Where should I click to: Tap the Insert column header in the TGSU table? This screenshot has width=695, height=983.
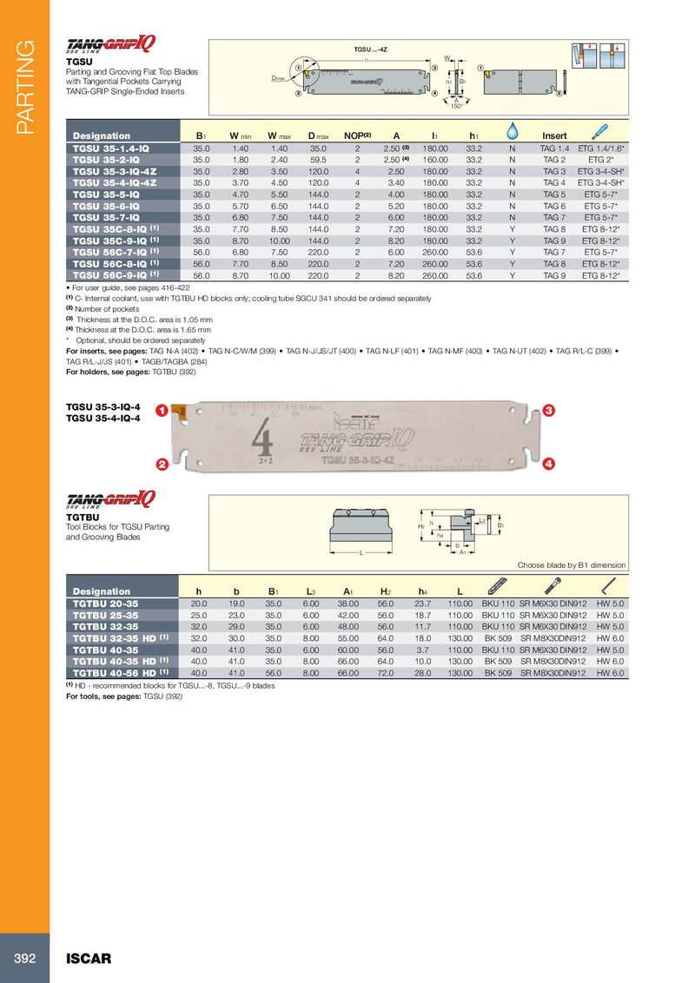tap(553, 135)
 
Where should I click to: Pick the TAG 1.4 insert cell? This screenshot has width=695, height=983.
tap(554, 148)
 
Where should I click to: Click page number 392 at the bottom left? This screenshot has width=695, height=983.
tap(24, 959)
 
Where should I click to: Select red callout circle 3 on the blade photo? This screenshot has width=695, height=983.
tap(549, 409)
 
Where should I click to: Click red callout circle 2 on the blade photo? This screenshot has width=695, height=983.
tap(162, 465)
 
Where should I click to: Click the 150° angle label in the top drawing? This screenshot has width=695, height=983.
tap(455, 108)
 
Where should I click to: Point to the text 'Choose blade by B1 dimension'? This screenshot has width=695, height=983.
tap(571, 565)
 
